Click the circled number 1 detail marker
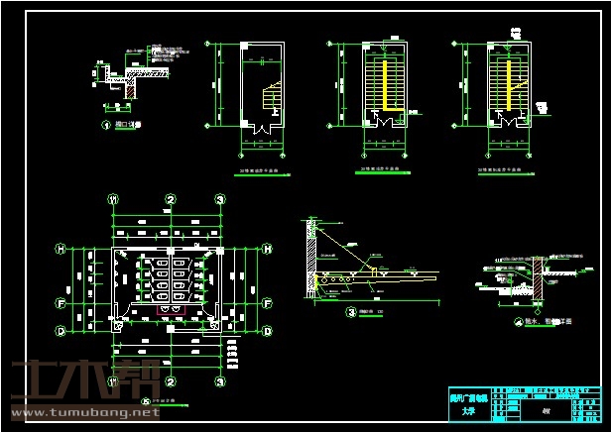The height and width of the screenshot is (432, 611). (x=106, y=126)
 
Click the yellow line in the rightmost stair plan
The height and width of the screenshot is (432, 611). (x=511, y=84)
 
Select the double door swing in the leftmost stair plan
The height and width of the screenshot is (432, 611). (x=261, y=127)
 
